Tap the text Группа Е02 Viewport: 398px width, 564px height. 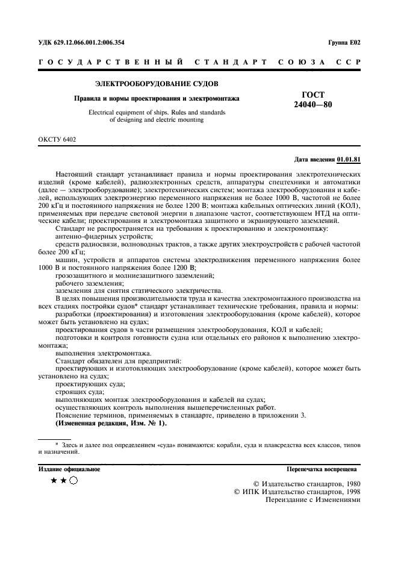click(x=344, y=43)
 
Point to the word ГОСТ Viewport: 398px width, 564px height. click(x=312, y=95)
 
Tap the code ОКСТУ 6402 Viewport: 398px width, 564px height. click(x=57, y=139)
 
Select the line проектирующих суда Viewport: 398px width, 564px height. click(x=90, y=383)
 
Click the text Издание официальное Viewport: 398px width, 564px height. click(x=69, y=469)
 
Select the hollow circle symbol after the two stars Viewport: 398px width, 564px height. click(x=73, y=480)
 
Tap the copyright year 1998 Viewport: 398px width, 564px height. click(x=350, y=491)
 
